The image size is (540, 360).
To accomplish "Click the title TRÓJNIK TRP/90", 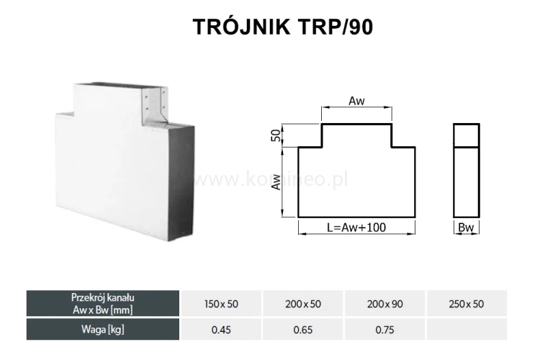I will (283, 27).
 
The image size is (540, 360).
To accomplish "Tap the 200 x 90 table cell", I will (385, 305).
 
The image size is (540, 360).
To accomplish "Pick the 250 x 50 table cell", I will (466, 305).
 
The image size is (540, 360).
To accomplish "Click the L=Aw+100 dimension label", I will (356, 228).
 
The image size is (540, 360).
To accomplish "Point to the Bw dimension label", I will (466, 228).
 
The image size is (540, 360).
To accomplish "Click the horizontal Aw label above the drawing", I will (356, 102).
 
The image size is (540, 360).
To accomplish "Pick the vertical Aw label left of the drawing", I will (276, 186).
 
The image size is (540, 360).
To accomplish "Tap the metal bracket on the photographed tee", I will (156, 107).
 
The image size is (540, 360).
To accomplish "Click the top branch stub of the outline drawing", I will (356, 135).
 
